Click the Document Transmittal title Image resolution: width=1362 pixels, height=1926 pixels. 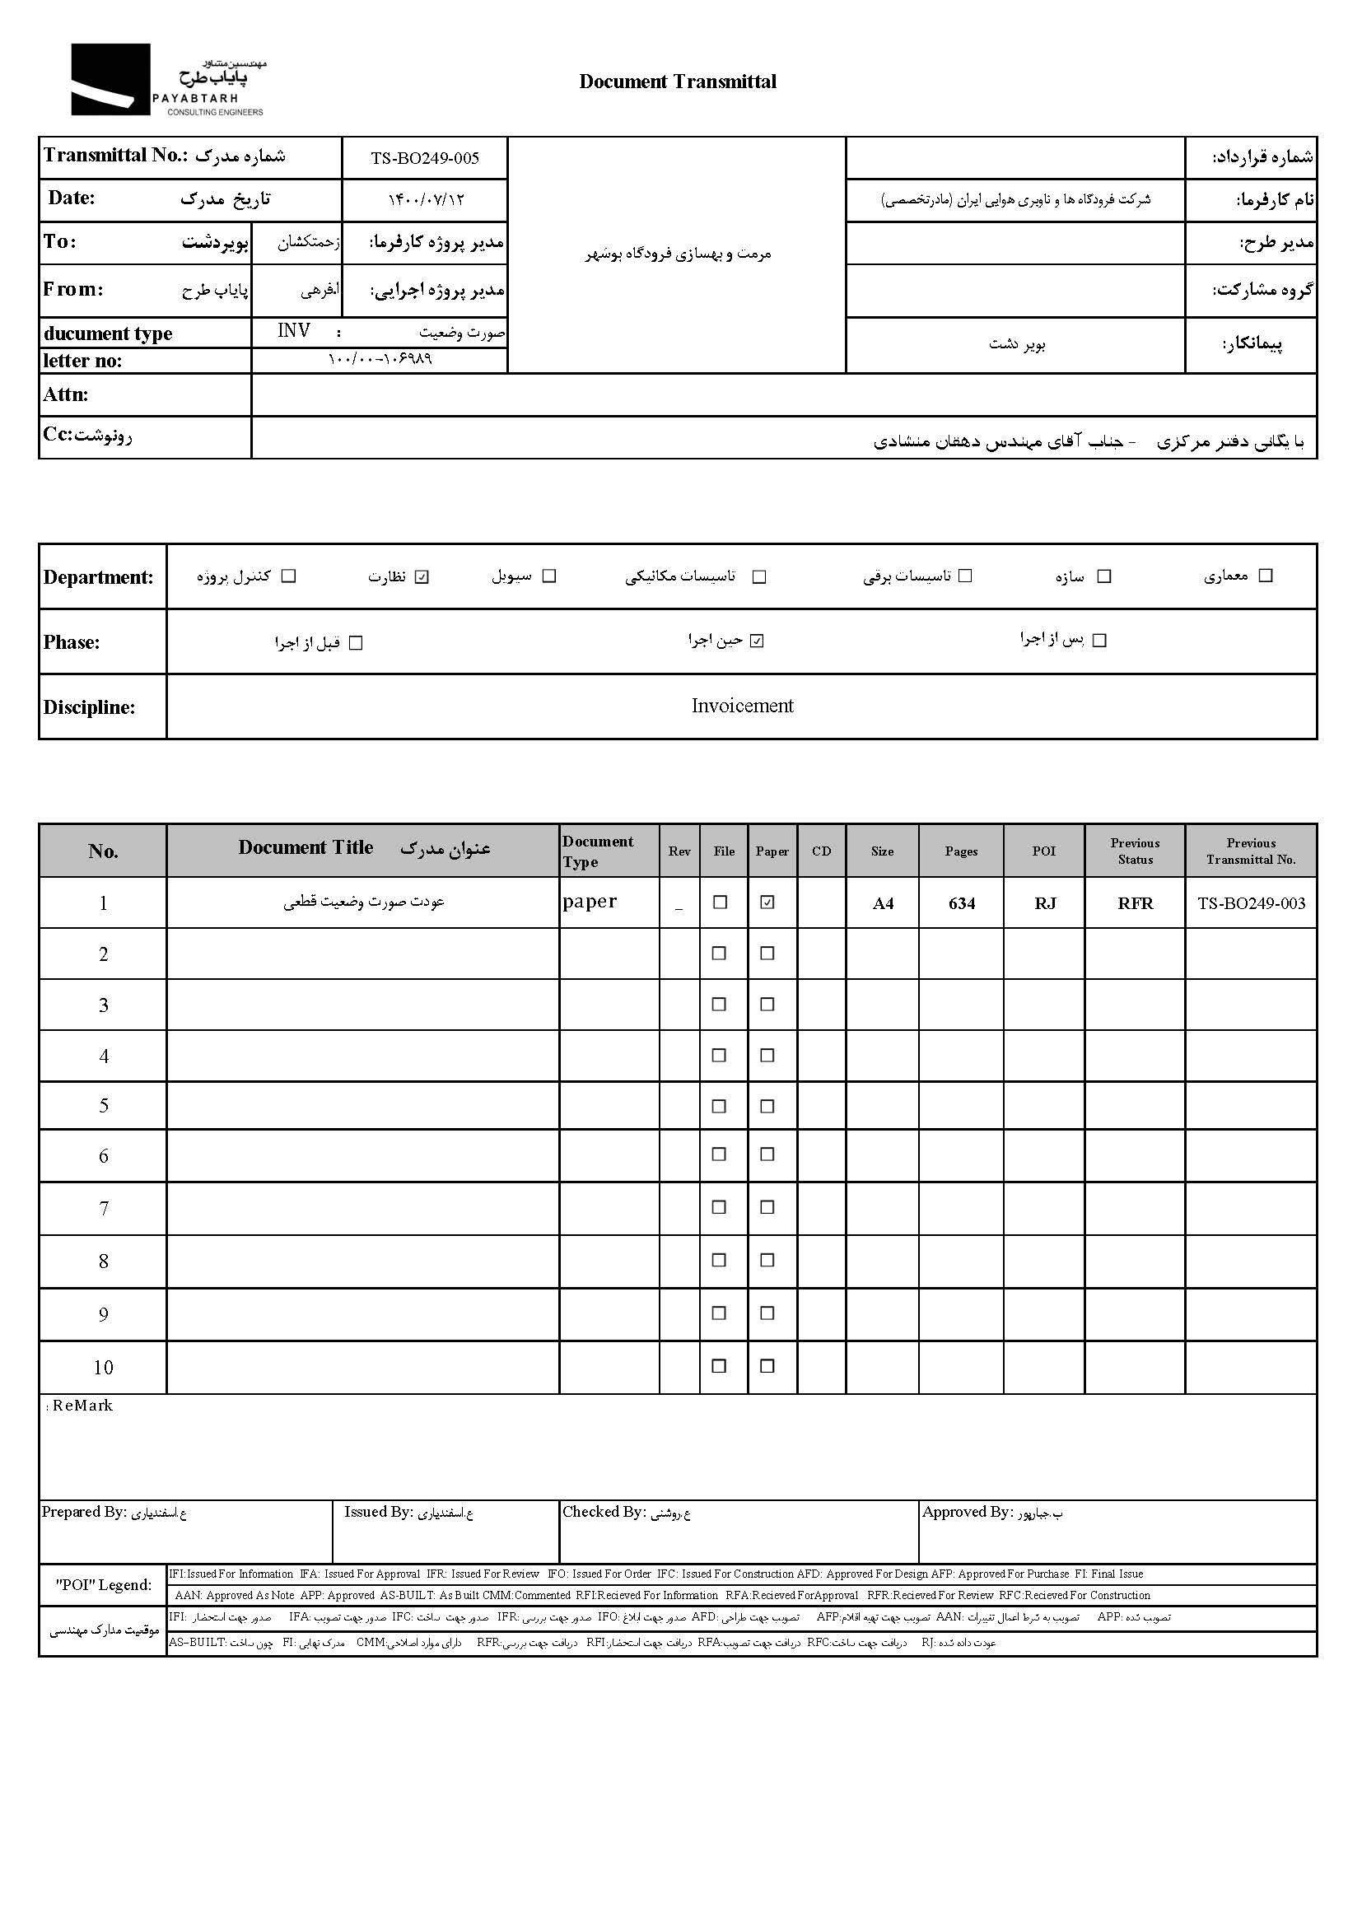click(678, 82)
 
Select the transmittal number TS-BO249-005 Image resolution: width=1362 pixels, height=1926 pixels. click(425, 159)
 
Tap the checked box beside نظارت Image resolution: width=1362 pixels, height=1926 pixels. click(422, 576)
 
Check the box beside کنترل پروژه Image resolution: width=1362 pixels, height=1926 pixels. click(289, 576)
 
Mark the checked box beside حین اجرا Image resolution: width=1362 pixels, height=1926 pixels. click(757, 641)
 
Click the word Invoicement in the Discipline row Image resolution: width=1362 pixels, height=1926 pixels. click(742, 707)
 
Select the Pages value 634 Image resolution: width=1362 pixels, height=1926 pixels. click(961, 903)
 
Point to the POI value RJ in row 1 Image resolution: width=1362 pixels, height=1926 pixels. click(1044, 903)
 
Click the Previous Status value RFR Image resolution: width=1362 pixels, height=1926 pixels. click(1135, 903)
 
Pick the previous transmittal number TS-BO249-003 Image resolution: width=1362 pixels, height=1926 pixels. click(1252, 903)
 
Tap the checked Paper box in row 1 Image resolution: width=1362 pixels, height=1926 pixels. click(767, 902)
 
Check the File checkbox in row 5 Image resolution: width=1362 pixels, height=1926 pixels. click(719, 1107)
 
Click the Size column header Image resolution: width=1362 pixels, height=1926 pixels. click(882, 851)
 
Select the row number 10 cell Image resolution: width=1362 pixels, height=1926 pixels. click(103, 1369)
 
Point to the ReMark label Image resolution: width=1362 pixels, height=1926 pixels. click(82, 1406)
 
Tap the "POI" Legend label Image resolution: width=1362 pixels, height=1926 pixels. click(104, 1584)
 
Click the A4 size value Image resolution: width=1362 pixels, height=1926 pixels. click(883, 903)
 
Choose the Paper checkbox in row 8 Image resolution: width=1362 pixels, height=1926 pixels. click(767, 1261)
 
